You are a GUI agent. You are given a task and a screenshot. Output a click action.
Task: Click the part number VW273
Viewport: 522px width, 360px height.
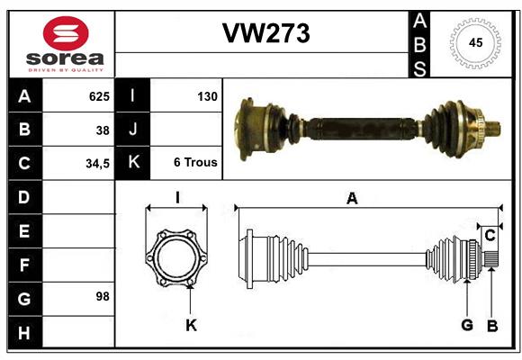[x=265, y=33]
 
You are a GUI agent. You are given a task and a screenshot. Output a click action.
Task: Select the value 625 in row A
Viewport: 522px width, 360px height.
[x=99, y=94]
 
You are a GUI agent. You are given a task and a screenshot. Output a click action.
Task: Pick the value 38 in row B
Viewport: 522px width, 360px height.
[x=103, y=130]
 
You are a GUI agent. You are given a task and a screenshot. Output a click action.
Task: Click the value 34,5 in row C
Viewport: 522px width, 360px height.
[x=97, y=164]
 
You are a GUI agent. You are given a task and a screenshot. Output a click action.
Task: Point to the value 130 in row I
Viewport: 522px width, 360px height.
[x=206, y=94]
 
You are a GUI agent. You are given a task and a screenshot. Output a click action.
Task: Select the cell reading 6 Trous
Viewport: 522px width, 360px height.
[x=194, y=163]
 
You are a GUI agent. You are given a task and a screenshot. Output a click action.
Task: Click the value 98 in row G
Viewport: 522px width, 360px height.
[x=102, y=295]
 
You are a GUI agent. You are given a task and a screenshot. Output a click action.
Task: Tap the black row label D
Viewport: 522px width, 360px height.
[x=23, y=195]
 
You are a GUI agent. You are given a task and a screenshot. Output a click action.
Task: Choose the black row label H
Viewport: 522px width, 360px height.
[x=23, y=333]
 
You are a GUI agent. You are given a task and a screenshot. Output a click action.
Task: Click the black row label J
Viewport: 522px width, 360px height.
[x=132, y=130]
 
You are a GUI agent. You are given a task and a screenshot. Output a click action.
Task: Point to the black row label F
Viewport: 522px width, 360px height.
[x=23, y=265]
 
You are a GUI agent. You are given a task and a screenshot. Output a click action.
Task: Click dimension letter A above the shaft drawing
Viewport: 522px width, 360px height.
[x=352, y=199]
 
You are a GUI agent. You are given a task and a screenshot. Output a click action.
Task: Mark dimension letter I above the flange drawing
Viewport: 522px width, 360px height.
[x=177, y=198]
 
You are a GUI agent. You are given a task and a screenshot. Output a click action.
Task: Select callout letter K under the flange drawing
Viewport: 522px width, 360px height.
[x=191, y=326]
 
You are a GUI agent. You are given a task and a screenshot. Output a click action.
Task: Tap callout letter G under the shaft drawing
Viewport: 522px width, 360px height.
[x=467, y=326]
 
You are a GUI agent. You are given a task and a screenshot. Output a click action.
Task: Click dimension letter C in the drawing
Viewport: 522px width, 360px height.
[x=490, y=236]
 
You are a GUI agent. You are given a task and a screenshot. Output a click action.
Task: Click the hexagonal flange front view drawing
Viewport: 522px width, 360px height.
[x=177, y=258]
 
